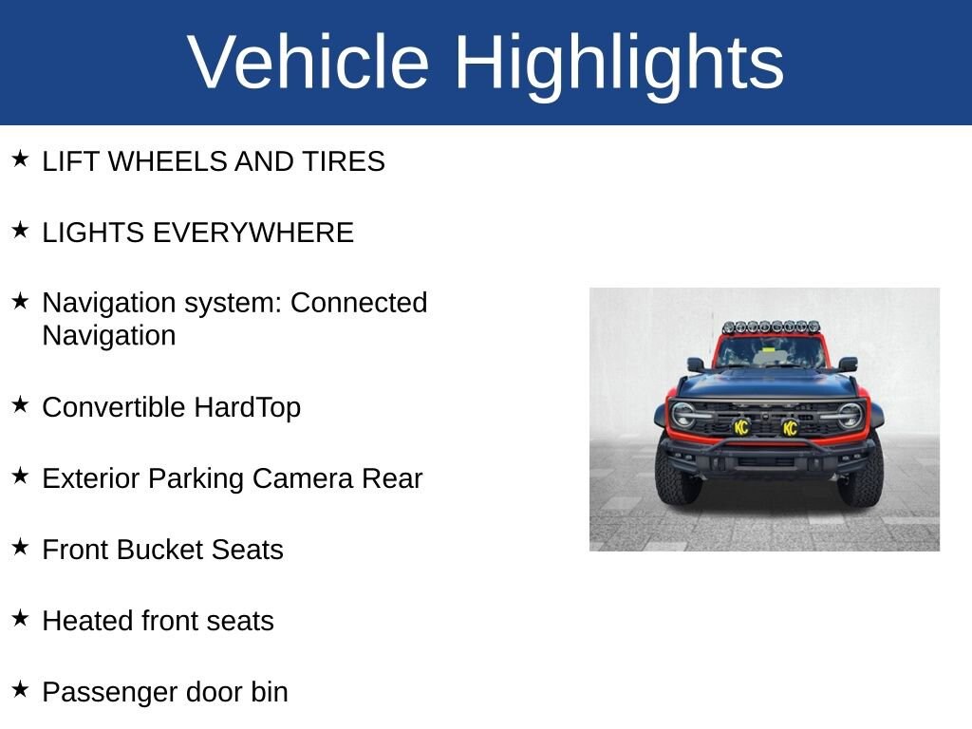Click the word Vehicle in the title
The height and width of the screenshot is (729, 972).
click(308, 62)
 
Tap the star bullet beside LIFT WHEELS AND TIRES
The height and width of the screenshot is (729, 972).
click(20, 159)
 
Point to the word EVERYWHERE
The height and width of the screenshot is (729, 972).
click(252, 233)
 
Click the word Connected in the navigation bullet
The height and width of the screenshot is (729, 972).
click(359, 303)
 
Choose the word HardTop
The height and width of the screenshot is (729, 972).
click(248, 408)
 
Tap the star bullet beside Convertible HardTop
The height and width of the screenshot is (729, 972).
click(20, 404)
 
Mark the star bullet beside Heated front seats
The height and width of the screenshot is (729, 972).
click(20, 618)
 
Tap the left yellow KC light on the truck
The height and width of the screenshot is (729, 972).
click(741, 427)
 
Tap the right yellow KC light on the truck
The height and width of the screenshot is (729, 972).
click(790, 428)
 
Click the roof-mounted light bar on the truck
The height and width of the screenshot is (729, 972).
click(771, 327)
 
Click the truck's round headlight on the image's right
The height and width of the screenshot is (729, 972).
click(850, 415)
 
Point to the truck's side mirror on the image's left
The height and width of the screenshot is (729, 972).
click(696, 364)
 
